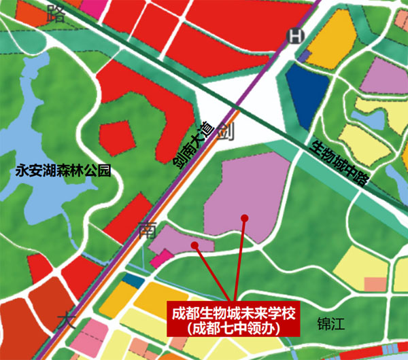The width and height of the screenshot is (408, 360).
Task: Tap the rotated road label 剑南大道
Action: [194, 143]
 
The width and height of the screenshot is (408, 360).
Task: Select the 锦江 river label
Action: [331, 323]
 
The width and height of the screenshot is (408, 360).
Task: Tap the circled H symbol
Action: [294, 37]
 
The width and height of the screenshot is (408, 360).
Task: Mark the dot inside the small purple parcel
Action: [194, 242]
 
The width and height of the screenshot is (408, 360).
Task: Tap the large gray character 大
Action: [67, 320]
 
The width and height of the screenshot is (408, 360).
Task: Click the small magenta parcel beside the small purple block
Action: [161, 257]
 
